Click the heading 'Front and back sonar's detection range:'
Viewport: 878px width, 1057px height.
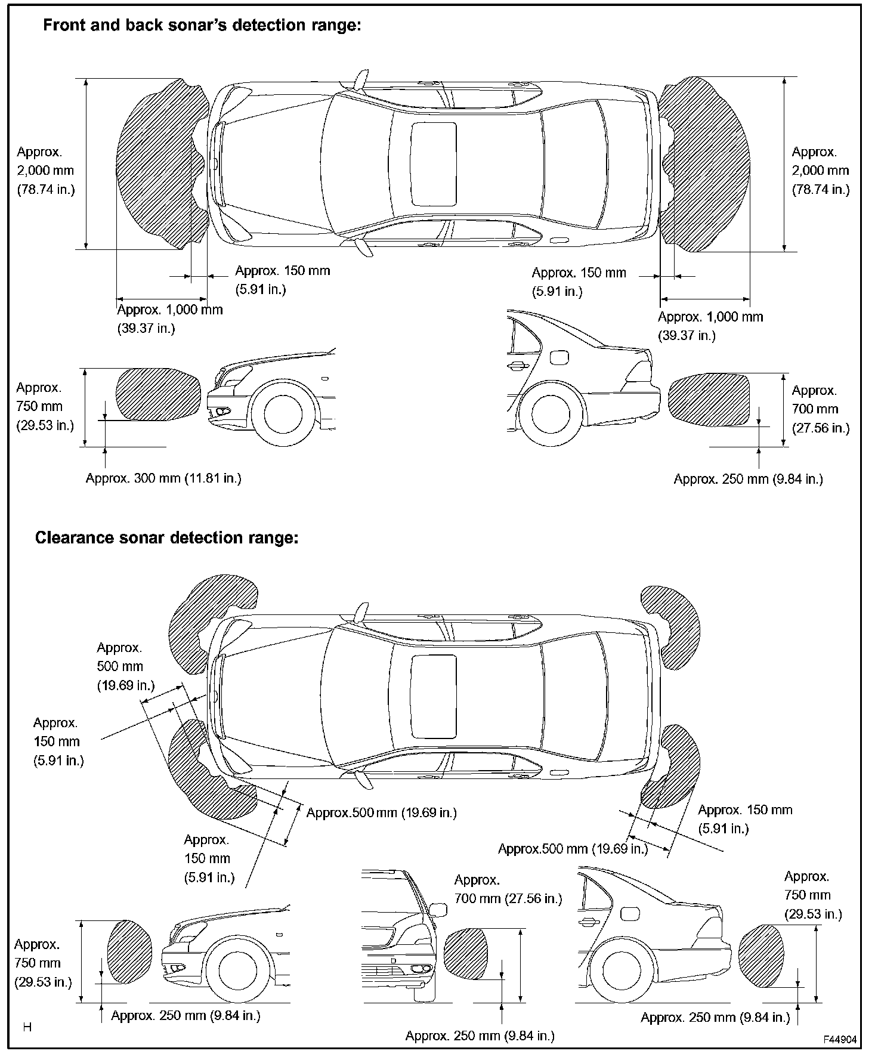click(x=203, y=26)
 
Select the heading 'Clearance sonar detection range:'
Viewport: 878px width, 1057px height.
click(x=166, y=537)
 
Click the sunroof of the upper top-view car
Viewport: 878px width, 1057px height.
click(x=434, y=165)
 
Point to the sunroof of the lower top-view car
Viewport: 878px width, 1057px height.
click(x=434, y=696)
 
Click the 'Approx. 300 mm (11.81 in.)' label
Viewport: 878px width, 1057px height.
click(x=163, y=478)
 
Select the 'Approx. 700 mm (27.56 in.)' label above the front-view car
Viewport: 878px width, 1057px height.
click(x=508, y=889)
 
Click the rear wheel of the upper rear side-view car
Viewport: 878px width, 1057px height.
click(x=550, y=413)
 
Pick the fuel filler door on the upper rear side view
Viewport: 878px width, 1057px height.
click(x=559, y=357)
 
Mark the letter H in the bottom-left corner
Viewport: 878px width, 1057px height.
click(x=27, y=1027)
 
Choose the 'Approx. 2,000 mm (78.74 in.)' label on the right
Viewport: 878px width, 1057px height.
click(x=820, y=171)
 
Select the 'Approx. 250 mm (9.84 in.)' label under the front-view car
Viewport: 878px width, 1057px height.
click(x=480, y=1036)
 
